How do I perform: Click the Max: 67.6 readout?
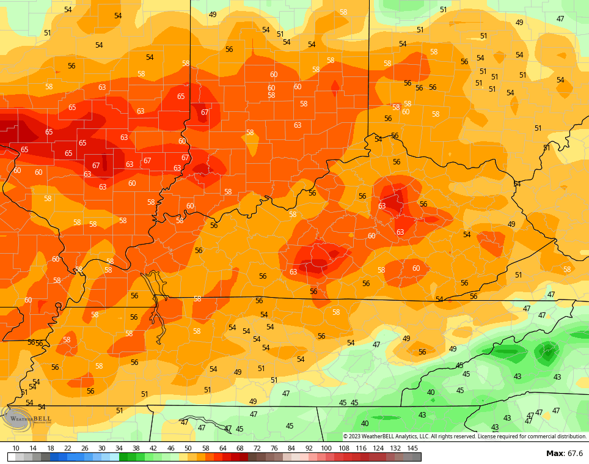(564, 453)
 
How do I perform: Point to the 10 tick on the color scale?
(16, 448)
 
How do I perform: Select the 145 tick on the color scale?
(412, 448)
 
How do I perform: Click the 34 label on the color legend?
(119, 448)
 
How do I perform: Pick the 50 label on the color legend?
(188, 448)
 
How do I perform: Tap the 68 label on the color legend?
(240, 448)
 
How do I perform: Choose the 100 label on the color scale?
(326, 448)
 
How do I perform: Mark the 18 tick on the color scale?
(50, 448)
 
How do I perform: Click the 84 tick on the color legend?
(291, 448)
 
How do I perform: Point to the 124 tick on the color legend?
(378, 448)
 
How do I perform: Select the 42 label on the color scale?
(153, 448)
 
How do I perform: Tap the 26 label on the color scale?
(84, 448)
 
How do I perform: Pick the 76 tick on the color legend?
(274, 448)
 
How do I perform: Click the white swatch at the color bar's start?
(12, 457)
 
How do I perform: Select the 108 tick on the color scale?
(343, 448)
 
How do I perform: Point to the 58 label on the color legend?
(205, 448)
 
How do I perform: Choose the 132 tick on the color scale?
(395, 448)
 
